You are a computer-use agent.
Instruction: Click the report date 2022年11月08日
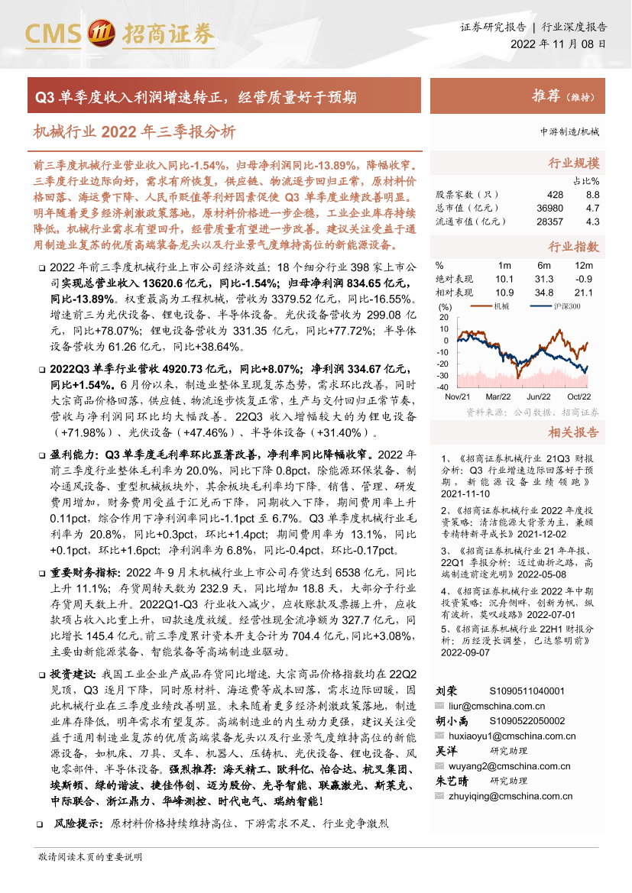point(559,44)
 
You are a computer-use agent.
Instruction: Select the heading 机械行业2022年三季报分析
point(134,131)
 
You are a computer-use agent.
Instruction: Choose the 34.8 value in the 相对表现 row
point(544,293)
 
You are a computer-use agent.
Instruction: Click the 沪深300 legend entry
point(565,307)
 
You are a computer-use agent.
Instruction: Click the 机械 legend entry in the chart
point(501,307)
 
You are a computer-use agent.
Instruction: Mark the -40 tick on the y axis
point(443,387)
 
